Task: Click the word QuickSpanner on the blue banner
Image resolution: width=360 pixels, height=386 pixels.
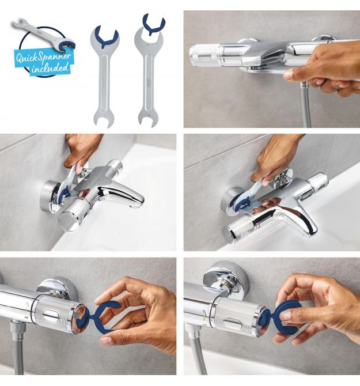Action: point(43,58)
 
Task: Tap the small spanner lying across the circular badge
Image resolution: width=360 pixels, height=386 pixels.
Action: point(42,35)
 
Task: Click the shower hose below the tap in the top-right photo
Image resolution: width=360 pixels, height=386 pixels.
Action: point(306,107)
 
